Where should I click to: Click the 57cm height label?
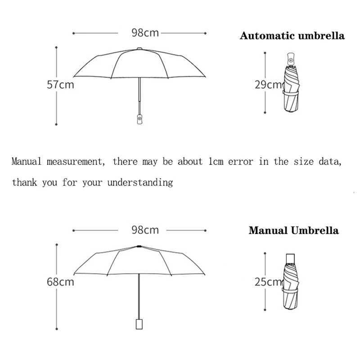click(x=60, y=84)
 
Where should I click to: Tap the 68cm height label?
click(x=60, y=282)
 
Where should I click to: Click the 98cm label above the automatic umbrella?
click(x=145, y=33)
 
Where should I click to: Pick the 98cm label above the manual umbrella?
click(x=145, y=230)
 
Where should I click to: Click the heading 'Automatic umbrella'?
click(x=292, y=36)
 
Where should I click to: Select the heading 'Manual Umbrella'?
click(x=293, y=231)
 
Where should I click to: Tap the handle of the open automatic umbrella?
click(x=139, y=119)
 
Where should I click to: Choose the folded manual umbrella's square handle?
click(x=291, y=258)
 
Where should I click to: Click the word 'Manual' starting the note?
click(x=27, y=162)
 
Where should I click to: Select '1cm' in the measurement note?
click(x=216, y=162)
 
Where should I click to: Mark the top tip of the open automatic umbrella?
click(x=139, y=48)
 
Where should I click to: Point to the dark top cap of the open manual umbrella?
click(x=139, y=246)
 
